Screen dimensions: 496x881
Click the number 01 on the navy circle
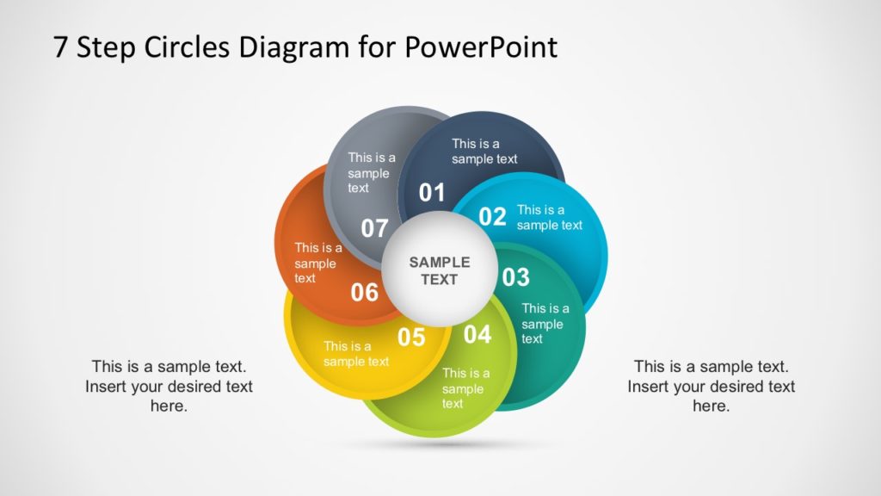tap(432, 193)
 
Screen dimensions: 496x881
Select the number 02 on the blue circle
tap(492, 217)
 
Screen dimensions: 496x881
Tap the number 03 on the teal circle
tap(515, 277)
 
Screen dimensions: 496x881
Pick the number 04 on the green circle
tap(477, 334)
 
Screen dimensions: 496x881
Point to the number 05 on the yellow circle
tap(411, 338)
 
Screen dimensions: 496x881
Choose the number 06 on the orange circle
tap(365, 293)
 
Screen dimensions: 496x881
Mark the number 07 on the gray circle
tap(374, 229)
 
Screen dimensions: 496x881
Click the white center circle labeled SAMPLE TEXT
tap(439, 270)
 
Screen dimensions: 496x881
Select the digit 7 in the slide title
tap(60, 46)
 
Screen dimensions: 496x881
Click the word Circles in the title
tap(184, 46)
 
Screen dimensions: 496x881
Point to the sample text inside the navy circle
tap(484, 152)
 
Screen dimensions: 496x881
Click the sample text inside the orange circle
tap(318, 263)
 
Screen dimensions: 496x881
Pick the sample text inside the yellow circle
tap(356, 354)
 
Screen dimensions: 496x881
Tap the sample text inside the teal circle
tap(545, 324)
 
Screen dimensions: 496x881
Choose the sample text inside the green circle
tap(465, 388)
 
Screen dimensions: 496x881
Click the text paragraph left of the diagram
tap(169, 386)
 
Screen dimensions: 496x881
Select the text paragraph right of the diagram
tap(711, 386)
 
